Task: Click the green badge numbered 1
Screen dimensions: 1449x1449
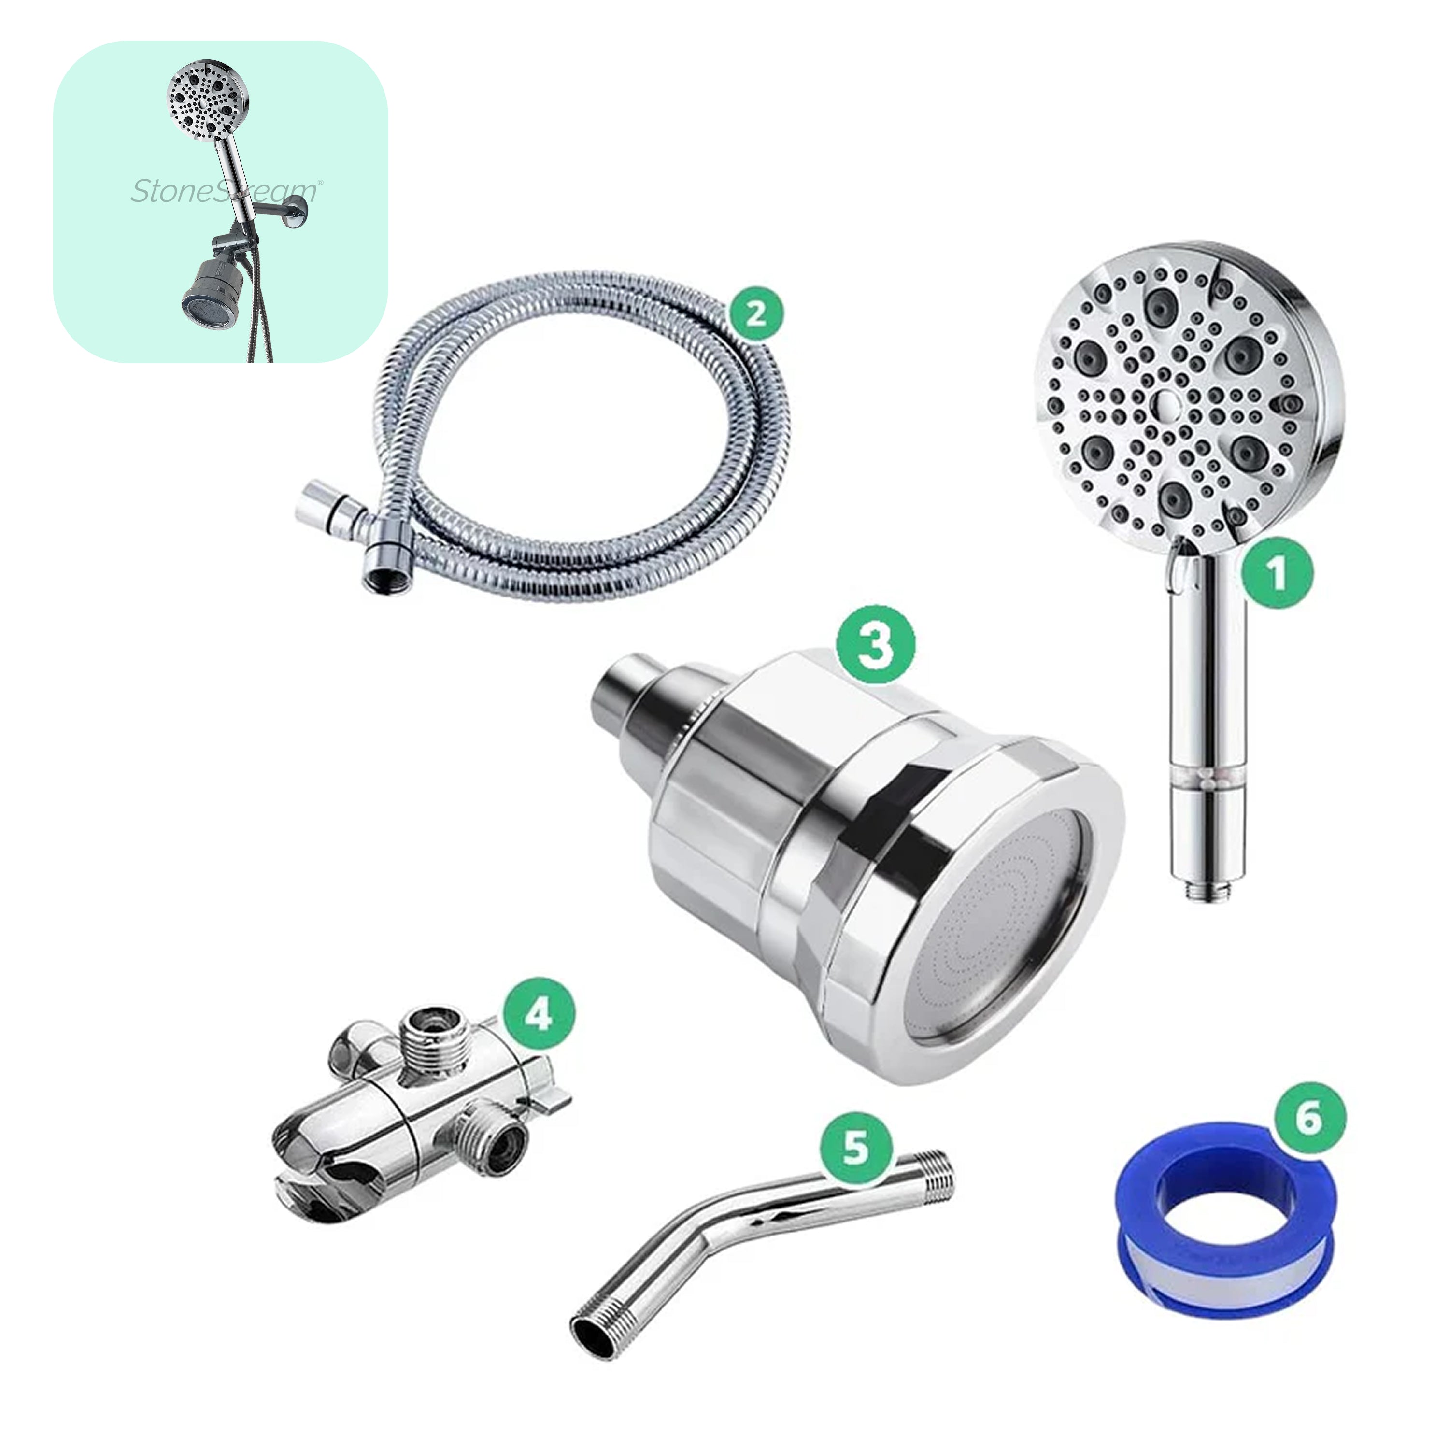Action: (1277, 574)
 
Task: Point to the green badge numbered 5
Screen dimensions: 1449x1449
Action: (856, 1148)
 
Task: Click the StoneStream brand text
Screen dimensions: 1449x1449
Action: (224, 191)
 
